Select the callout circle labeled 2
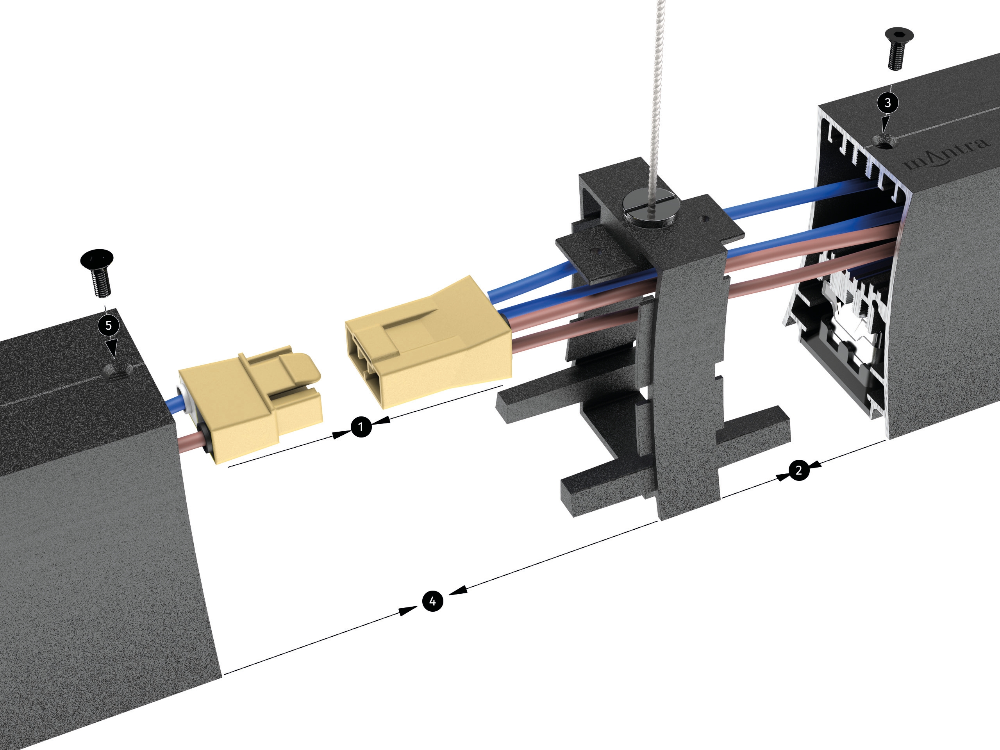pos(799,471)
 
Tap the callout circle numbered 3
pos(887,103)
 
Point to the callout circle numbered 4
pos(433,601)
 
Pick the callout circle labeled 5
pos(109,325)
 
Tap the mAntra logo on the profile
pos(946,154)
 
